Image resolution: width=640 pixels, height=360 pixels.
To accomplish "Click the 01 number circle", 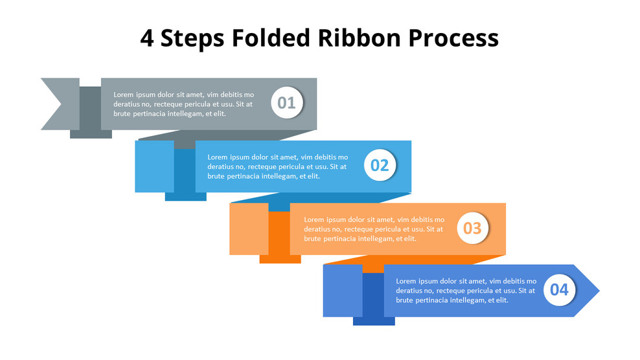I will tap(287, 103).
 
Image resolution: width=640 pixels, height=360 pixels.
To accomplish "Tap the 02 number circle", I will tap(380, 165).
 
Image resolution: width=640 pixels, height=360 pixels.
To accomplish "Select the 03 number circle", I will tap(472, 228).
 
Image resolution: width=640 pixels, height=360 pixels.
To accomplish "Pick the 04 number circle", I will tap(558, 289).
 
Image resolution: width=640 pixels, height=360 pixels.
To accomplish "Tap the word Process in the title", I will tap(453, 38).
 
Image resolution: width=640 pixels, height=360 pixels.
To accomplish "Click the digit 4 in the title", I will tap(147, 38).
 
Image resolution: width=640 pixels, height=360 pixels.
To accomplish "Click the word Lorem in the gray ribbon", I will tap(124, 95).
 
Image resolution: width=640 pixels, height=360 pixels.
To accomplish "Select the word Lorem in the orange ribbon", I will tap(315, 219).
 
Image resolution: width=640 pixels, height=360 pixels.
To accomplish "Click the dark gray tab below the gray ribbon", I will tap(91, 133).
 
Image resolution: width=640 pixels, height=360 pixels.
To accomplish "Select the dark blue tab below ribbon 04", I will tap(373, 321).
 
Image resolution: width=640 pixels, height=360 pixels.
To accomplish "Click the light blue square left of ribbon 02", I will tap(154, 166).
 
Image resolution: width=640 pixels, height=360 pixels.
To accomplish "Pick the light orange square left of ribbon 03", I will tap(249, 228).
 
